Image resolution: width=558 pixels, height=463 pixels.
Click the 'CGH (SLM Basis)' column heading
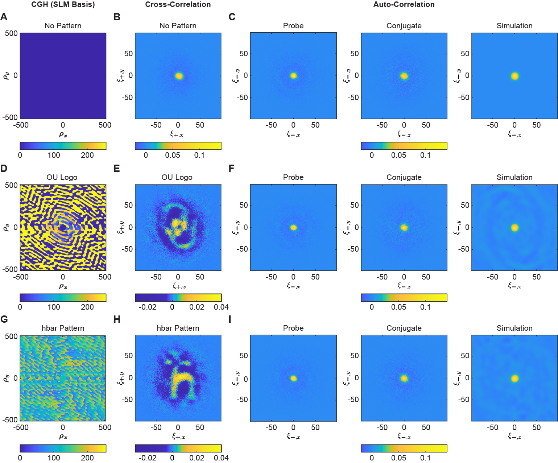(63, 5)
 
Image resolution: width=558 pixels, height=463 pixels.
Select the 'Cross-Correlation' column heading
(178, 5)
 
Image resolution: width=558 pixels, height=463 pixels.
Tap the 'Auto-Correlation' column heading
(404, 5)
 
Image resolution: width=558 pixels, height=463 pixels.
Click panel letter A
(4, 17)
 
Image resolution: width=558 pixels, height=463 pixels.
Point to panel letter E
(116, 169)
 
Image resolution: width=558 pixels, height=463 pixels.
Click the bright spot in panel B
(179, 76)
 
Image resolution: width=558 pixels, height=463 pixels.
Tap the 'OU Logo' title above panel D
(62, 177)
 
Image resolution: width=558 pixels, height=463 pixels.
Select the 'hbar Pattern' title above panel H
(178, 328)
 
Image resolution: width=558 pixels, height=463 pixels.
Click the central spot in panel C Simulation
(514, 76)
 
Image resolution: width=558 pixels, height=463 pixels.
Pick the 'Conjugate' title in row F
(404, 177)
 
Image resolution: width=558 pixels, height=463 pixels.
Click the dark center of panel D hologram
(63, 227)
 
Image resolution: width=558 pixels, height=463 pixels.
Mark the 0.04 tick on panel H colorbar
(221, 458)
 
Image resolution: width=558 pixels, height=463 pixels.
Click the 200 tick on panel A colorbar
(87, 155)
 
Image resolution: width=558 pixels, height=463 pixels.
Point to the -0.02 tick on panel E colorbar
(148, 307)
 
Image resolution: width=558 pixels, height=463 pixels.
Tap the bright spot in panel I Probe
(293, 379)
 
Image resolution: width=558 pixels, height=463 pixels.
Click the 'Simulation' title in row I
(514, 328)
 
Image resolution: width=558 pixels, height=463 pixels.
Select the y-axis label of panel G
(6, 378)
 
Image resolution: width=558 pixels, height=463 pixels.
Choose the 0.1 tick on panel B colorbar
(199, 155)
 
